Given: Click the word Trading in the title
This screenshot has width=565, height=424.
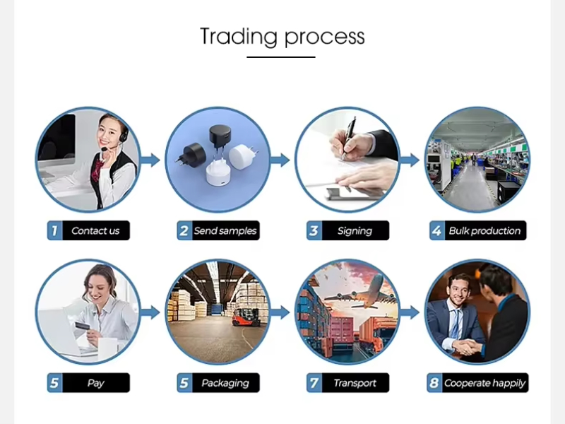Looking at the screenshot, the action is click(x=239, y=37).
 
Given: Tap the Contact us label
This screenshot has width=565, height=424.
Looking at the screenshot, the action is click(x=95, y=231).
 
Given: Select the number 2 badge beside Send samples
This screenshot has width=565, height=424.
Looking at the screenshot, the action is click(x=184, y=231).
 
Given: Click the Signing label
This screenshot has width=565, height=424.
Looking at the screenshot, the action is click(x=355, y=231).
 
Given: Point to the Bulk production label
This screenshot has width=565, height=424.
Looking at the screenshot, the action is click(x=484, y=231).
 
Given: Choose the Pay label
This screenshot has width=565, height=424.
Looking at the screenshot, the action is click(x=95, y=383).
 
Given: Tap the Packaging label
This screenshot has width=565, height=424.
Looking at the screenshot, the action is click(x=225, y=383).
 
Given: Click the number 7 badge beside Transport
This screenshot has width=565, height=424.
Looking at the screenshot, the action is click(x=314, y=383).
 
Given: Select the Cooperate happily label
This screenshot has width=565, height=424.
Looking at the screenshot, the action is click(x=484, y=383).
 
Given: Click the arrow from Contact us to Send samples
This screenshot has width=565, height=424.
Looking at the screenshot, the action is click(x=150, y=160).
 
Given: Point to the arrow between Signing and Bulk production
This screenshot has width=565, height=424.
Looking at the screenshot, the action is click(x=410, y=160).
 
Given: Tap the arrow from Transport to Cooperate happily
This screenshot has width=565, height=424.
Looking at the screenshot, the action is click(x=410, y=312).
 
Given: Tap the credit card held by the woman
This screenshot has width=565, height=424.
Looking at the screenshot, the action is click(x=82, y=326).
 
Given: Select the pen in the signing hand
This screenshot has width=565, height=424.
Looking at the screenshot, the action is click(x=348, y=138).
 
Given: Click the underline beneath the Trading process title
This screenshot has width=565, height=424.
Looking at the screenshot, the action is click(x=281, y=57).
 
